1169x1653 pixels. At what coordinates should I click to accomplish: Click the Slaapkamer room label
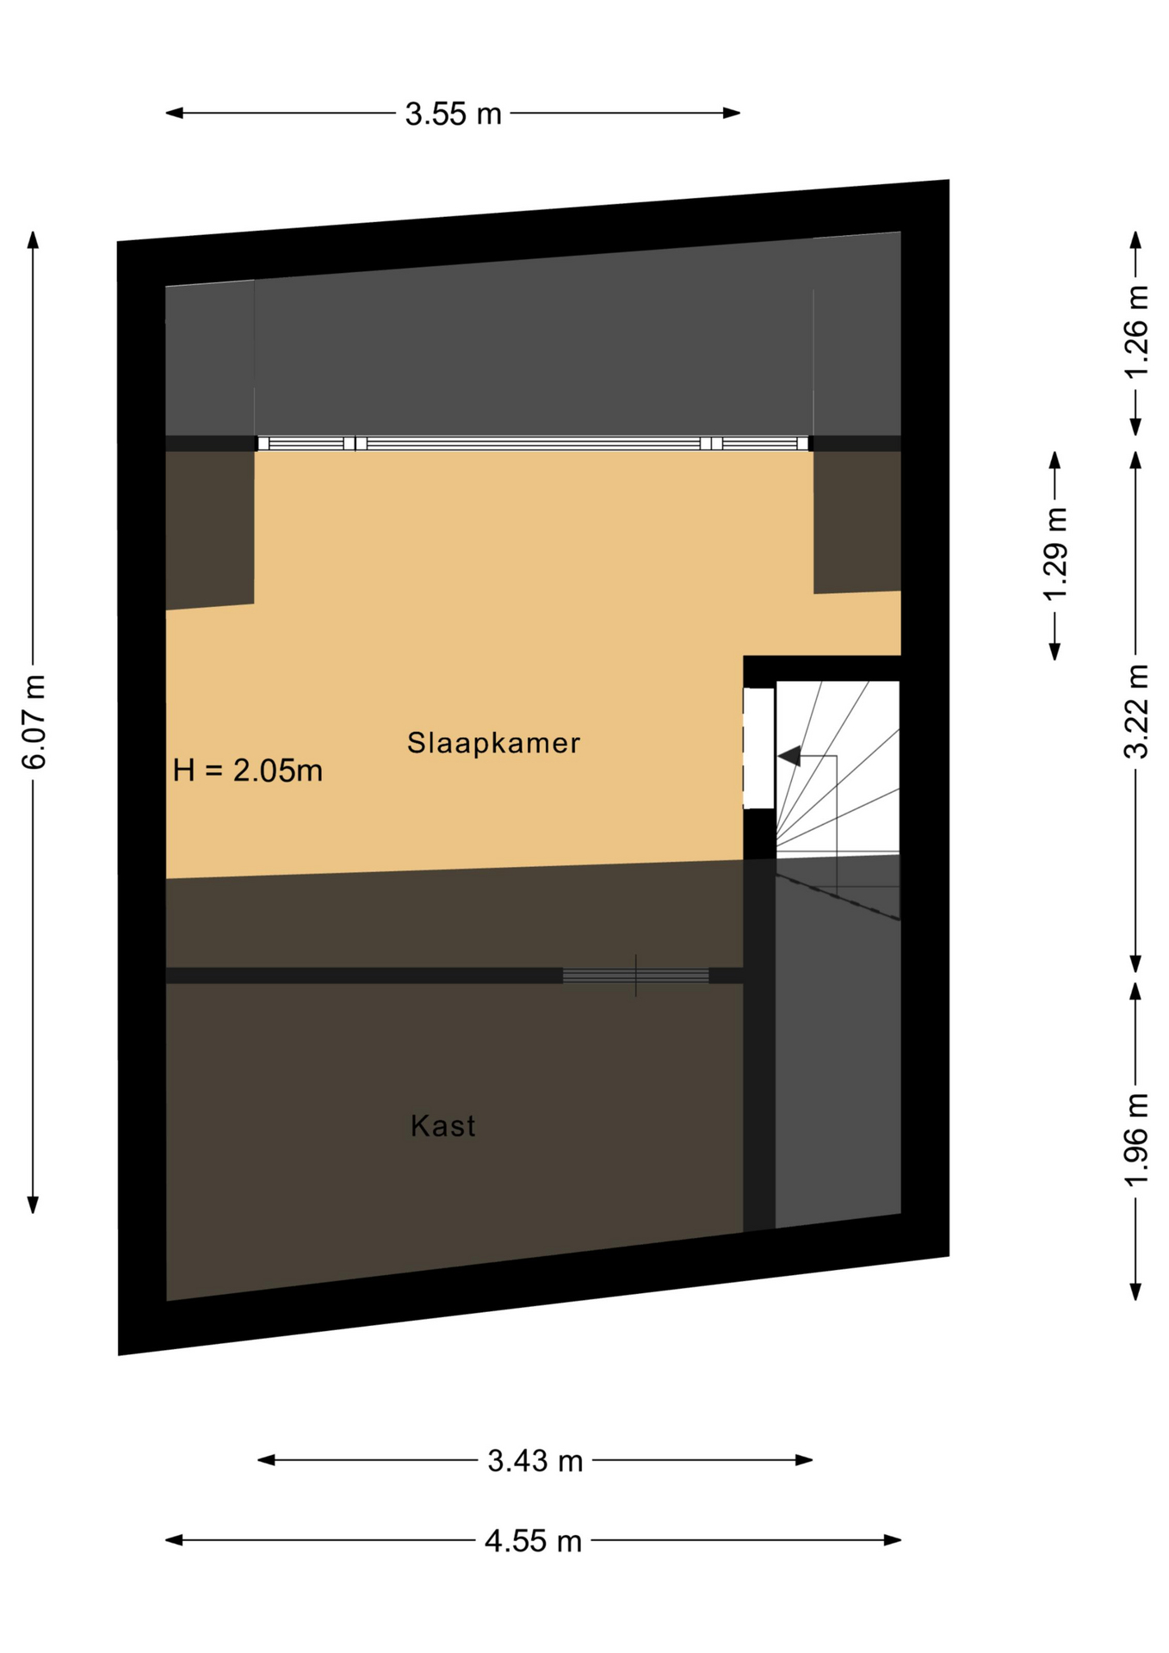(x=493, y=742)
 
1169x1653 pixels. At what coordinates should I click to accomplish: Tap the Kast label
(x=442, y=1125)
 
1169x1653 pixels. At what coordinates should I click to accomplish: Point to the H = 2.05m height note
(x=247, y=770)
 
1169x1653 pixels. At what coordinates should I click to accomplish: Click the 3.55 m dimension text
(x=453, y=113)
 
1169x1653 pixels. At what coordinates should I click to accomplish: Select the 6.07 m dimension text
(x=34, y=721)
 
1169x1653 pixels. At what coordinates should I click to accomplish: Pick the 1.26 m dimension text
(x=1136, y=331)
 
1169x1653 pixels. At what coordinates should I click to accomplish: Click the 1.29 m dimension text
(x=1055, y=554)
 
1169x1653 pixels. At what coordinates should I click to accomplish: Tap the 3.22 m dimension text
(x=1136, y=711)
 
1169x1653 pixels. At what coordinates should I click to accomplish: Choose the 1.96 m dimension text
(x=1136, y=1139)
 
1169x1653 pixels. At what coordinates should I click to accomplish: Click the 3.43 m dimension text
(x=535, y=1460)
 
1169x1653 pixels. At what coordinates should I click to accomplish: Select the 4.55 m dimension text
(x=533, y=1540)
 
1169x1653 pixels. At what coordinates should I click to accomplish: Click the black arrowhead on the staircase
(x=789, y=756)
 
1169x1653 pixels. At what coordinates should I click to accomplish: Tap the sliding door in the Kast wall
(x=635, y=975)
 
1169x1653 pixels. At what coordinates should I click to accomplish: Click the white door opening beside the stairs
(x=758, y=748)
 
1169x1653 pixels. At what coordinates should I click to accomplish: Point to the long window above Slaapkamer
(x=534, y=443)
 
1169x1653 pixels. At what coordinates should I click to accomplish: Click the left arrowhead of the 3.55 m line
(x=174, y=113)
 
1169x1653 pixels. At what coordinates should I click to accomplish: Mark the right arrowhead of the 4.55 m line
(x=893, y=1540)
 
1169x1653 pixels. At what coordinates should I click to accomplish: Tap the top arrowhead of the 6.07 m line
(x=34, y=239)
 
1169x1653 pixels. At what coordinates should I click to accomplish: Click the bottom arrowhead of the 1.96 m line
(x=1136, y=1291)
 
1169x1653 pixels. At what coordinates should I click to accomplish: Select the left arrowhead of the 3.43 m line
(x=267, y=1460)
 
